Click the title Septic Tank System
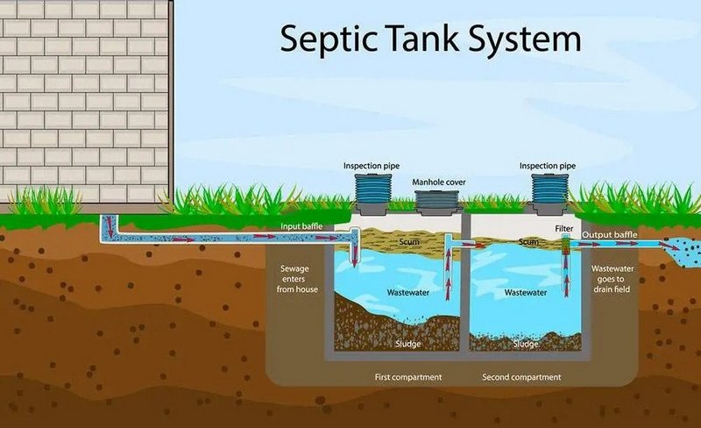click(430, 39)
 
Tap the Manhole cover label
click(439, 182)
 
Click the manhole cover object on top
click(439, 203)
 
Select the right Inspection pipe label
click(549, 165)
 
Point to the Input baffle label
click(301, 227)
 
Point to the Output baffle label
click(610, 234)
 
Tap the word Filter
click(564, 227)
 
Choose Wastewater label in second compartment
click(526, 292)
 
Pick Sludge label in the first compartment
click(408, 344)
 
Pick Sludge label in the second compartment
click(526, 344)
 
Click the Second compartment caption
click(522, 377)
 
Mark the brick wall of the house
click(83, 96)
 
